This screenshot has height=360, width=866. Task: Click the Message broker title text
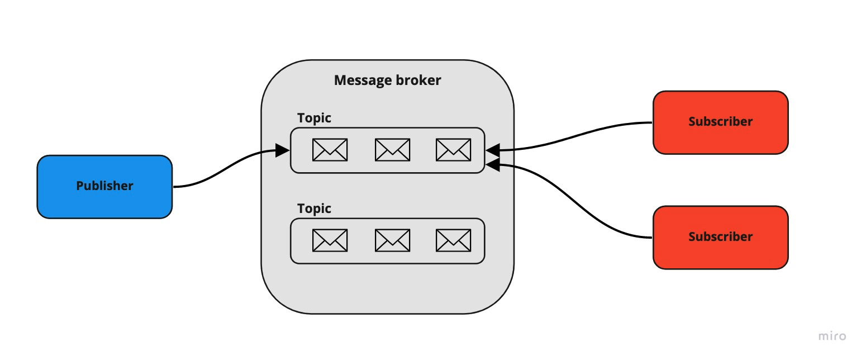387,80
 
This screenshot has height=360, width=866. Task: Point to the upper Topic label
314,118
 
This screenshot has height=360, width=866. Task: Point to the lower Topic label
314,209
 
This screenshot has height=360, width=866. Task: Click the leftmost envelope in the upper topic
330,150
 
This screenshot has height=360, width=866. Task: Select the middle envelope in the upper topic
392,150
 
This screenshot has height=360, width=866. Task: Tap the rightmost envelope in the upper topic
453,150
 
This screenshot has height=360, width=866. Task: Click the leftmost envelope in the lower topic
330,240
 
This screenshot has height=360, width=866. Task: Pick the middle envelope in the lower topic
392,240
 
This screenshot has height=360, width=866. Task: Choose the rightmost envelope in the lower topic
453,240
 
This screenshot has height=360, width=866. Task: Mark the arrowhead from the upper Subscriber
492,150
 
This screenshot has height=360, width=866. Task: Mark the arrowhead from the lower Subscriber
492,163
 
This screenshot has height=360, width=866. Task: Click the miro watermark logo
832,337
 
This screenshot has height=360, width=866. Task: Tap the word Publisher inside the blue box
104,186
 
